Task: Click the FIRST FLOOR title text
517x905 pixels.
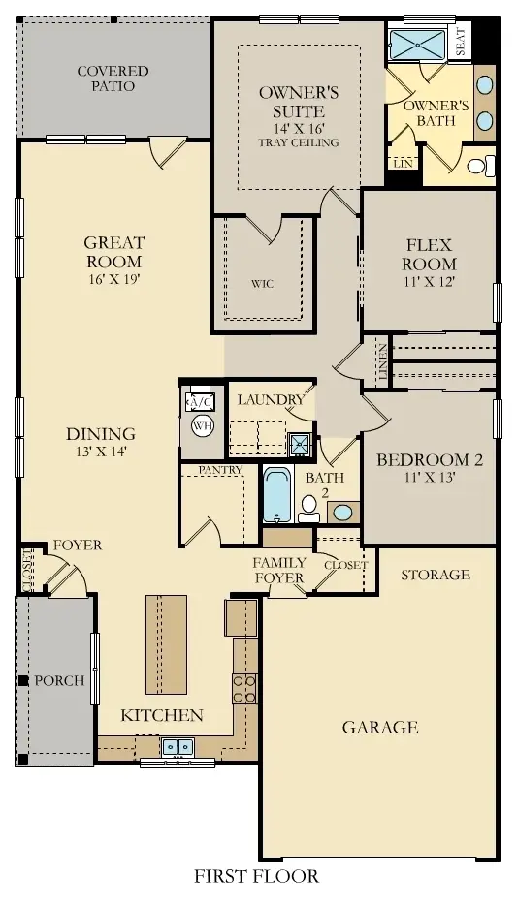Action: [256, 877]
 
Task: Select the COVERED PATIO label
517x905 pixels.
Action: [113, 78]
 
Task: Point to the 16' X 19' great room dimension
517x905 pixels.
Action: [113, 280]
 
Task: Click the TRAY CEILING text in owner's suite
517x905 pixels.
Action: [298, 142]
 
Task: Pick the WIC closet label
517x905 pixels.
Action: [263, 285]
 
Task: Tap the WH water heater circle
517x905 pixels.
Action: [201, 424]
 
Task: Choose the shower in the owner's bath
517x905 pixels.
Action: [418, 44]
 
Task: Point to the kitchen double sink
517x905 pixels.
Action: [178, 746]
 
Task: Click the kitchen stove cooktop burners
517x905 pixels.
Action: [243, 688]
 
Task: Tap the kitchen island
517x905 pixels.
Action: [166, 644]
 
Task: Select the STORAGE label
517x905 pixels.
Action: [436, 575]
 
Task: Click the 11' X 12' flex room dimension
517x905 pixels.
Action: [429, 281]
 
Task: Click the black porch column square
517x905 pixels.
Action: [22, 680]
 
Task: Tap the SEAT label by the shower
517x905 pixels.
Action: [460, 40]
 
